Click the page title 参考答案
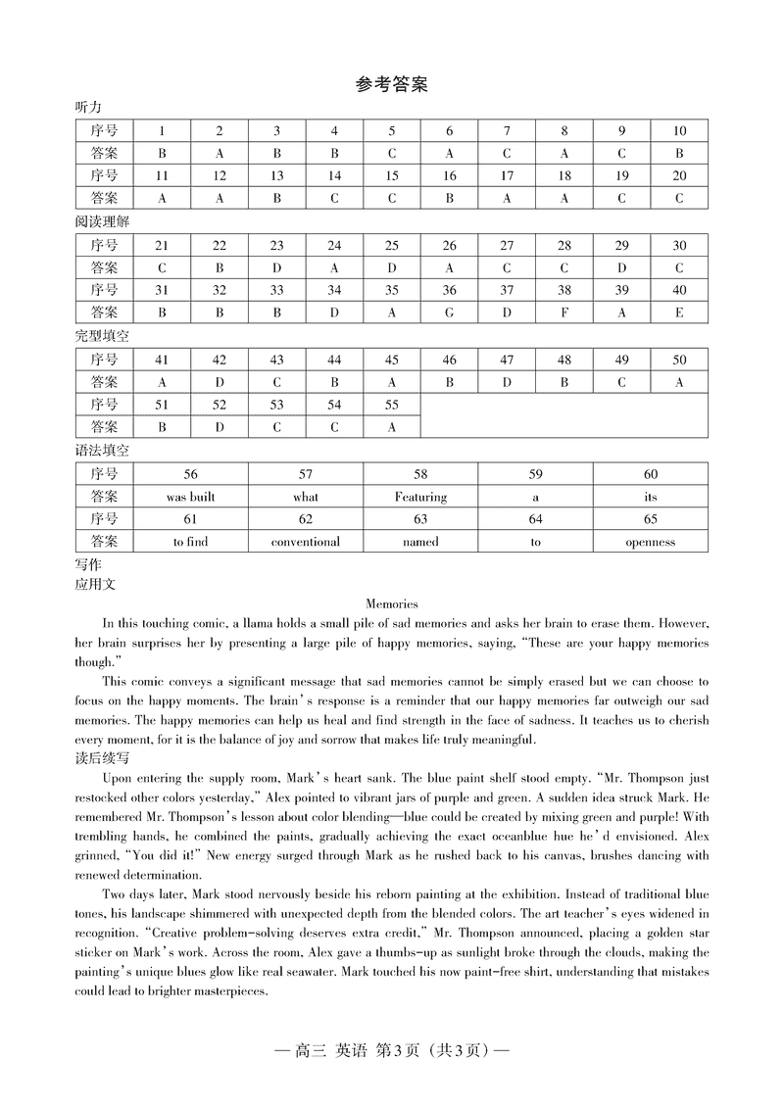click(x=391, y=85)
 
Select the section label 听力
click(x=88, y=107)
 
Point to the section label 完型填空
click(x=102, y=336)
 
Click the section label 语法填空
click(x=102, y=451)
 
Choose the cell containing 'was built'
click(x=190, y=497)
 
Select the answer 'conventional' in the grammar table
click(x=306, y=542)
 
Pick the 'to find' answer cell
click(x=190, y=542)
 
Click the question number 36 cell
click(x=450, y=290)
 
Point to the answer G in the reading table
click(x=450, y=313)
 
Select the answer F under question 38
click(x=564, y=313)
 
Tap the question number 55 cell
click(x=392, y=405)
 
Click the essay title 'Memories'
click(x=391, y=604)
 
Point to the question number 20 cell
click(x=679, y=175)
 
